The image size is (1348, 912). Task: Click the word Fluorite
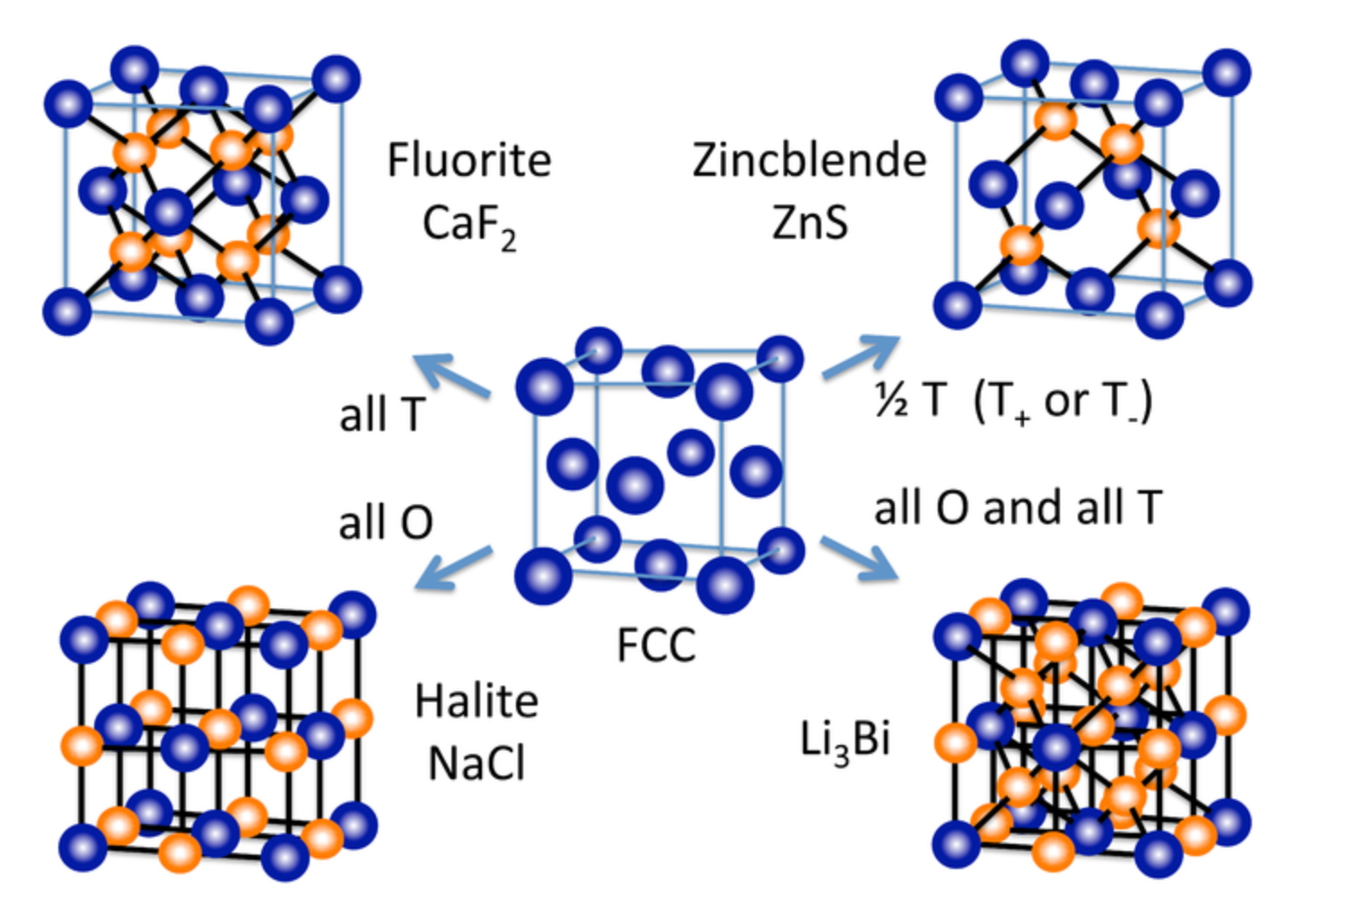(468, 161)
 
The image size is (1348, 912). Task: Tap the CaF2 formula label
(468, 224)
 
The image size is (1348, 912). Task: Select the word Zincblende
(809, 161)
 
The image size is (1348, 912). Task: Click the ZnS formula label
(810, 223)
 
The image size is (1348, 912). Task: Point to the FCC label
(656, 645)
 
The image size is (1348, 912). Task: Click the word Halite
(477, 701)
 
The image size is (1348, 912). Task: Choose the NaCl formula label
(477, 764)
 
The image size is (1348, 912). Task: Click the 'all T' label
(381, 415)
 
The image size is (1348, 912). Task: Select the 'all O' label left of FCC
(386, 522)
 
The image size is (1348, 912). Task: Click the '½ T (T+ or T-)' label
(1013, 400)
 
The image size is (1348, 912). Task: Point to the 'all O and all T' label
(1018, 508)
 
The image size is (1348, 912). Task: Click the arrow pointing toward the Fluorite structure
(453, 375)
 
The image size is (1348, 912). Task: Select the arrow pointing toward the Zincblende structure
(860, 356)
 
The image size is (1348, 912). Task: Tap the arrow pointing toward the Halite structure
(453, 567)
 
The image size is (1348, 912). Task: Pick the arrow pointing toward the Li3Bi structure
(859, 557)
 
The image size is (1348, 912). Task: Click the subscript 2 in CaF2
(508, 240)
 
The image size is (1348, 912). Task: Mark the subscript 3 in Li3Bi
(840, 755)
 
